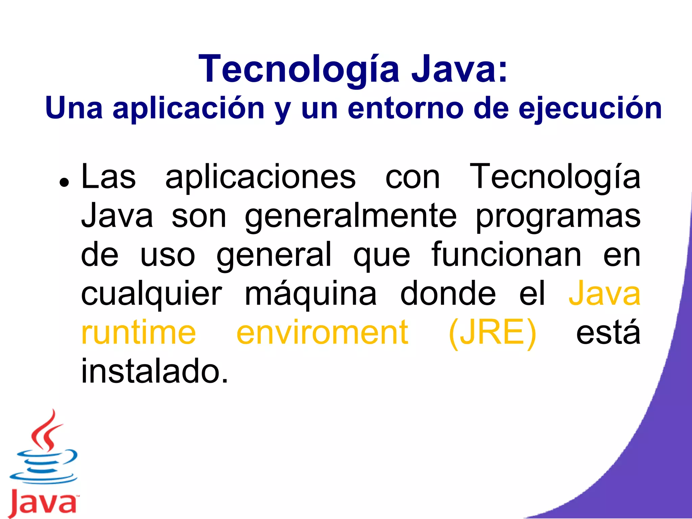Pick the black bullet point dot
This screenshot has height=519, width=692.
click(x=64, y=182)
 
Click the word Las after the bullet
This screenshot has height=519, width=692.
click(x=108, y=177)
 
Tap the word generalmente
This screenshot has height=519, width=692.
click(x=350, y=216)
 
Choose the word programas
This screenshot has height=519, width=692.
click(x=558, y=216)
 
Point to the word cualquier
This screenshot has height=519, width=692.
click(x=151, y=293)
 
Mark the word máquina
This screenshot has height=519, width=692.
click(x=310, y=293)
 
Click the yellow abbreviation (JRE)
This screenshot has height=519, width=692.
click(x=492, y=333)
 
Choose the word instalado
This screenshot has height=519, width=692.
click(x=154, y=371)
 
